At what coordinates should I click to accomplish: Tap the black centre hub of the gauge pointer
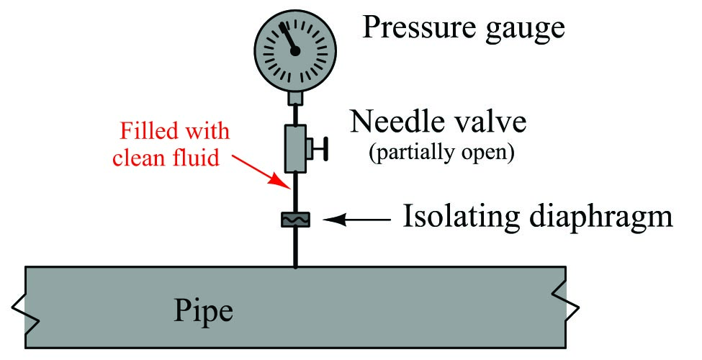point(294,51)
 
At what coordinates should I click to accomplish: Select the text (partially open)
point(441,153)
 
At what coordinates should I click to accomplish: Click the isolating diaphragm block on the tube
point(295,219)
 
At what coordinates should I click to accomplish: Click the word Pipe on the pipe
point(204,310)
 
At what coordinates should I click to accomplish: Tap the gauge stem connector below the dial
point(295,96)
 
